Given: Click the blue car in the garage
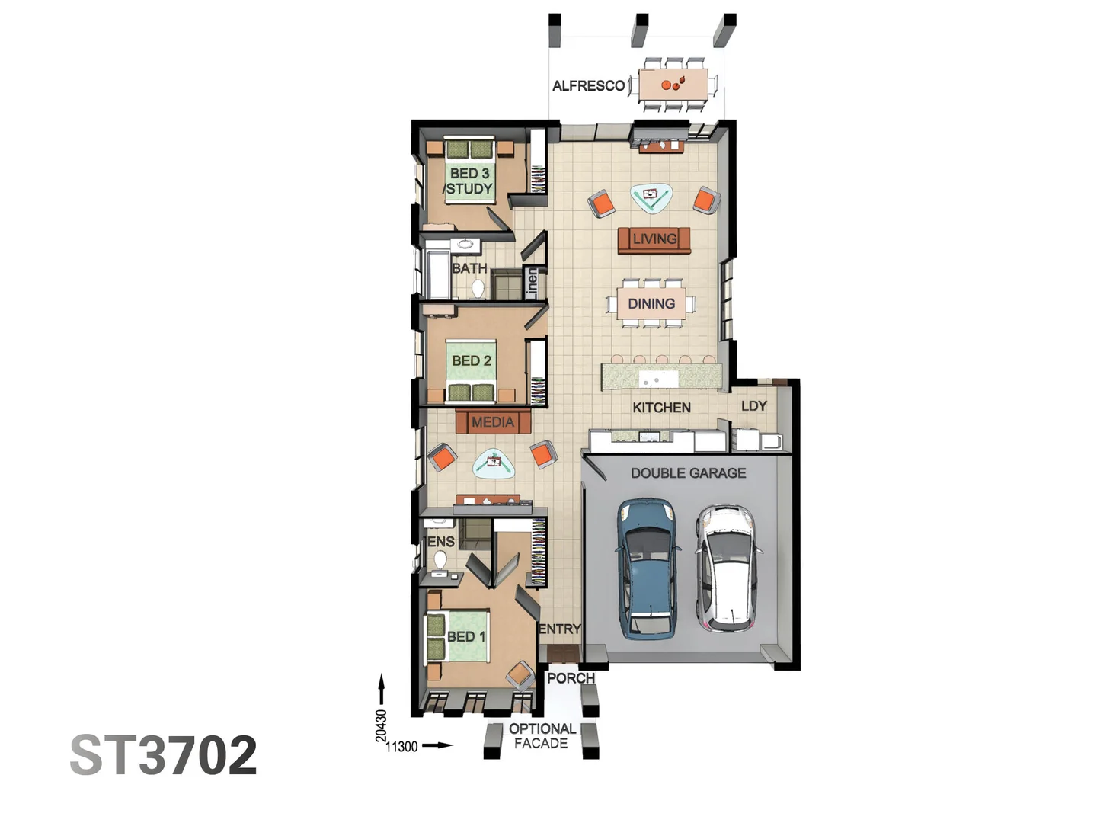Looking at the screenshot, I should tap(648, 568).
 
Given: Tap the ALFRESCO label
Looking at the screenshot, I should tap(588, 86).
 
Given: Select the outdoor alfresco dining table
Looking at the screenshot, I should tap(673, 84).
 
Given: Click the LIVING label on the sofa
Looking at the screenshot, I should tap(654, 239).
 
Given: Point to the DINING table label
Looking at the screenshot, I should tap(651, 303).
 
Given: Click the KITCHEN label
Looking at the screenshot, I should tap(661, 408).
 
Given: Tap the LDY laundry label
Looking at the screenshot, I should tap(753, 406).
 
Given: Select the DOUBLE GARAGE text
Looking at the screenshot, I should tap(688, 473).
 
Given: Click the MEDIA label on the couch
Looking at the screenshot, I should tap(492, 422).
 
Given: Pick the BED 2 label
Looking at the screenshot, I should tap(471, 360).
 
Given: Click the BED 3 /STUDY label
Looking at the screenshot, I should tap(469, 181).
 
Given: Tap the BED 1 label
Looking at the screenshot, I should tap(465, 636).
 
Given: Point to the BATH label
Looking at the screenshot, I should tap(469, 268).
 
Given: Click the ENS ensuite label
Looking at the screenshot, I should tap(440, 542).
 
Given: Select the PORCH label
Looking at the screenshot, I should tap(571, 678).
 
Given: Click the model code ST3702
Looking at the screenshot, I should tap(163, 755).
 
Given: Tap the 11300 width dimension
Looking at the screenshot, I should tap(401, 747).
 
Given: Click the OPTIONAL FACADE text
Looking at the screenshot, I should tap(542, 736).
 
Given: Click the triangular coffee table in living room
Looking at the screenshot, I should tap(651, 197).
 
